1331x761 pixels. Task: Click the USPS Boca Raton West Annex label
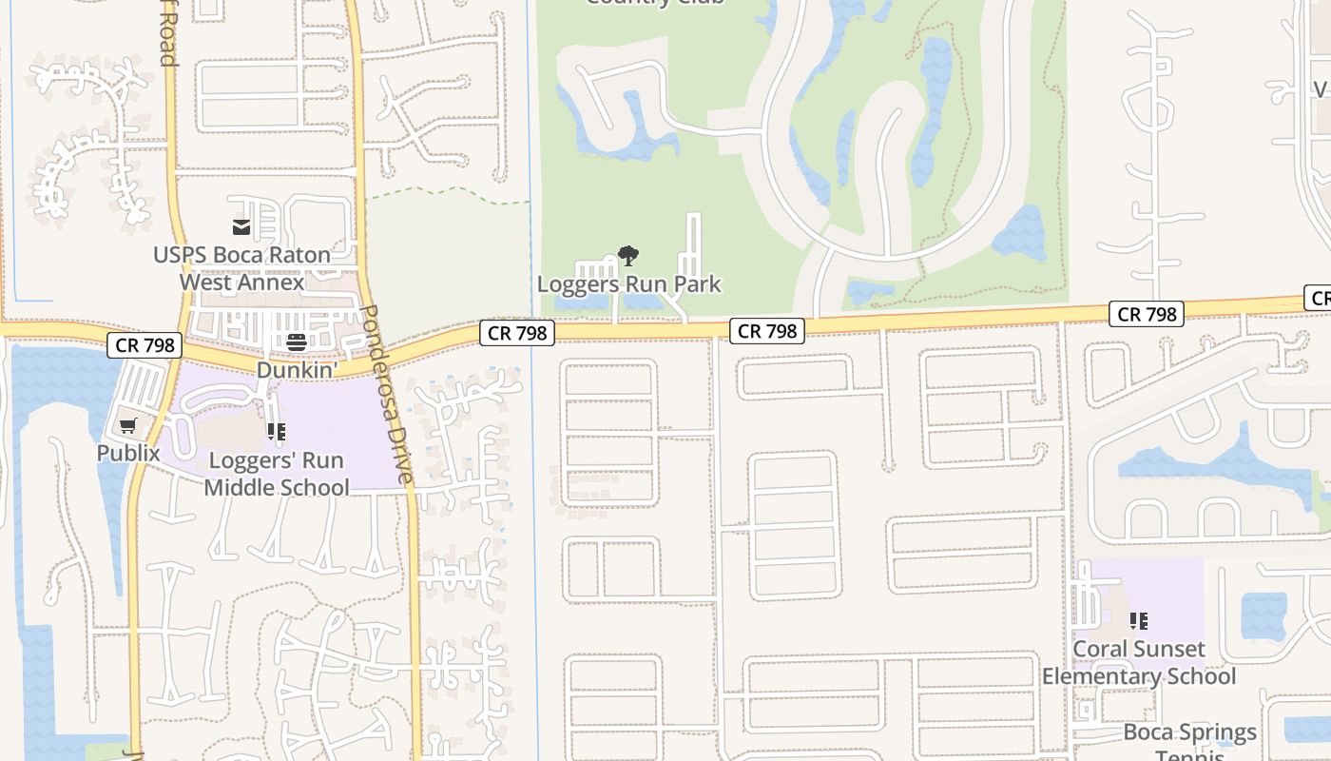point(241,268)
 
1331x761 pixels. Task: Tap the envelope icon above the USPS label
point(241,226)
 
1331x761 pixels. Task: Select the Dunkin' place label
point(297,369)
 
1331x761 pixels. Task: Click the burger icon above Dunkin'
point(297,342)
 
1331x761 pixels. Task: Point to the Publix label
point(128,453)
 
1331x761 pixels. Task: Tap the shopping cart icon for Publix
point(128,425)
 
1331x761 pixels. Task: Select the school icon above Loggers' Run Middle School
point(277,433)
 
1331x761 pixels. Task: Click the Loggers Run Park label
point(628,283)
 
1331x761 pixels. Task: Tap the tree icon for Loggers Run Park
point(627,255)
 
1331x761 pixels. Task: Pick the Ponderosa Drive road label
point(389,394)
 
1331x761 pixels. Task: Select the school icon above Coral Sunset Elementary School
point(1139,621)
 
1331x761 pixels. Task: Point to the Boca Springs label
point(1189,732)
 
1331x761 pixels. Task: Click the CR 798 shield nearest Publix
point(145,344)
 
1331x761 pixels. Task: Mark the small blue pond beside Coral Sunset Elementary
point(1263,615)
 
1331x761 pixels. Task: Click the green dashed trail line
point(447,191)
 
